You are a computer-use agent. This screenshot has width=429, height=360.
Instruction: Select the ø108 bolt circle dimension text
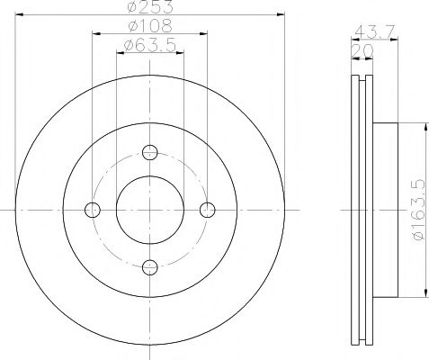pyautogui.click(x=149, y=28)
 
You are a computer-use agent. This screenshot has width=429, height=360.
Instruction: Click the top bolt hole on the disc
pyautogui.click(x=149, y=152)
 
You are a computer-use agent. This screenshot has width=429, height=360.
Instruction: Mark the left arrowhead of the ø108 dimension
pyautogui.click(x=94, y=36)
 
